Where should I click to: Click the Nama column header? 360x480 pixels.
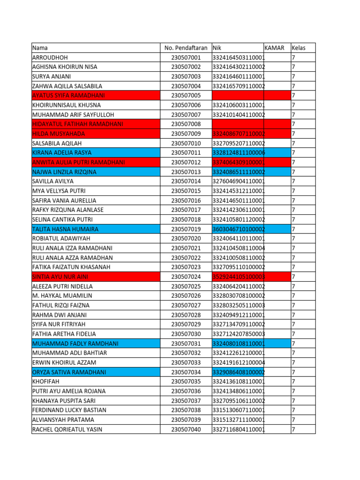pos(40,48)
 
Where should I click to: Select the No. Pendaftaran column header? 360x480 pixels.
pos(186,48)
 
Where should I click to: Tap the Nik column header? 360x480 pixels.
pos(217,48)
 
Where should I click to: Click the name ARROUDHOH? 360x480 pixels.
pos(50,58)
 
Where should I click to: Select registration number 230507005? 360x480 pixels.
pos(186,96)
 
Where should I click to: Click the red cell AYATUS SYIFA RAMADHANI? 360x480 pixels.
pos(68,96)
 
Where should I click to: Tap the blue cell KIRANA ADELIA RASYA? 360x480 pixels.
pos(62,153)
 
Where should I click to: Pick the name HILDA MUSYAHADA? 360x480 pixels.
pos(59,134)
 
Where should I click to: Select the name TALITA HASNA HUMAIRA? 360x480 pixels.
pos(65,229)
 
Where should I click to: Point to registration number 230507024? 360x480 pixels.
pos(186,277)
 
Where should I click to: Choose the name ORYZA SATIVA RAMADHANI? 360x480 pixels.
pos(69,372)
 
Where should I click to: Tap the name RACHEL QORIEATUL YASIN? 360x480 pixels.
pos(67,429)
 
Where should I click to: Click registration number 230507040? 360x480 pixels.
pos(186,429)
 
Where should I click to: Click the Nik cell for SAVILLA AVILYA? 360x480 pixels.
pos(239,181)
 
